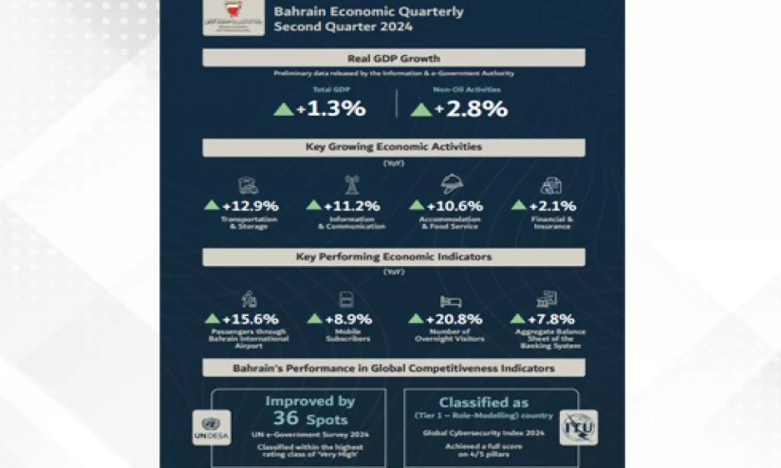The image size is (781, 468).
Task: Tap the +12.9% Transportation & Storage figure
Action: [x=250, y=206]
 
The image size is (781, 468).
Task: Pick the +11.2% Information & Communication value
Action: [x=352, y=206]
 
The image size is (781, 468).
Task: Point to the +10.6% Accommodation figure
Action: [x=455, y=206]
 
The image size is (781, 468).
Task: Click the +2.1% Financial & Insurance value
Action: [x=552, y=206]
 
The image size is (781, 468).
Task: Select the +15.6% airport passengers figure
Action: [x=250, y=319]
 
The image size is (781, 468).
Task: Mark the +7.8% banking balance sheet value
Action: [x=551, y=319]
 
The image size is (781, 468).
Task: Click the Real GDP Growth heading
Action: [x=394, y=58]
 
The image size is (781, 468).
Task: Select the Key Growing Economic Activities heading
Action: [x=394, y=147]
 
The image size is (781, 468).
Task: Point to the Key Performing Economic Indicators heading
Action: [x=394, y=257]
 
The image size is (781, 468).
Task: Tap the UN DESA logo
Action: [x=211, y=427]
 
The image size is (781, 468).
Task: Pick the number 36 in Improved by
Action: [x=286, y=418]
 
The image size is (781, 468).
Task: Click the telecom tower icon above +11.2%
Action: [x=352, y=185]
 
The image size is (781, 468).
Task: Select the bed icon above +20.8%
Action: [x=451, y=301]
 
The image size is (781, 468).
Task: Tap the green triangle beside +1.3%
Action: [x=284, y=109]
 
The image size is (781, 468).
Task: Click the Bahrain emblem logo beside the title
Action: [x=233, y=17]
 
